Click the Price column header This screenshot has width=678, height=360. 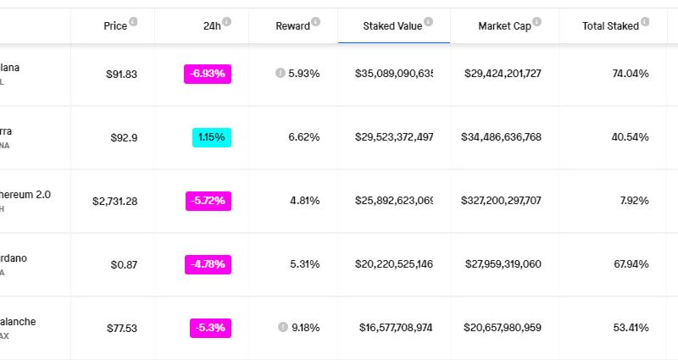coord(115,26)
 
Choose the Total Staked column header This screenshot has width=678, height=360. coord(610,26)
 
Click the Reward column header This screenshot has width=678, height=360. coord(292,26)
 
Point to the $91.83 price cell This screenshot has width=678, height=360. coord(121,74)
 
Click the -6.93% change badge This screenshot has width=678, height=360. coord(208,74)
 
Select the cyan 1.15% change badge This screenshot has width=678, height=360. coord(212,136)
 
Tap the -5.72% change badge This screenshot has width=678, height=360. coord(208,201)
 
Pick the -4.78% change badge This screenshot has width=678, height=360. coord(208,264)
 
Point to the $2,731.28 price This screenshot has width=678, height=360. coord(114,201)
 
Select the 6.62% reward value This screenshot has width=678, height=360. coord(304,136)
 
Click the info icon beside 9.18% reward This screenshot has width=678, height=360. coord(281,327)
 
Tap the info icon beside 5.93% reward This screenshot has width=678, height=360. coord(280,74)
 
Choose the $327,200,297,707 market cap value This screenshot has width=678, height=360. coord(501,201)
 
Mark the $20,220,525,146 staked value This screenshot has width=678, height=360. coord(394,264)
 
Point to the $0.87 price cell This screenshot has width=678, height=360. coord(124,264)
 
